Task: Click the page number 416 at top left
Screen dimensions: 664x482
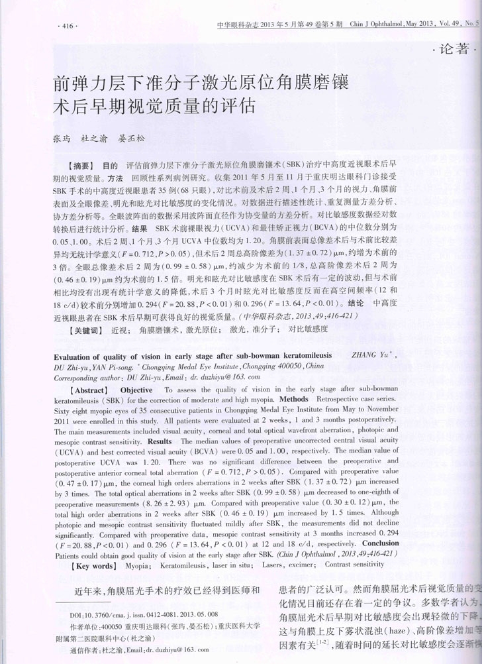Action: click(x=69, y=26)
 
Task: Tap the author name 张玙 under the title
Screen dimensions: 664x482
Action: click(x=62, y=139)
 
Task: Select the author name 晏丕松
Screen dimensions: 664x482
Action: click(x=130, y=139)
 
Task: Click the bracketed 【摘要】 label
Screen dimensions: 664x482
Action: click(x=83, y=164)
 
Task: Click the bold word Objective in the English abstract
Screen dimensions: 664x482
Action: click(x=138, y=391)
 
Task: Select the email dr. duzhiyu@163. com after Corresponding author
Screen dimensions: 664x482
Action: click(x=216, y=375)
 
